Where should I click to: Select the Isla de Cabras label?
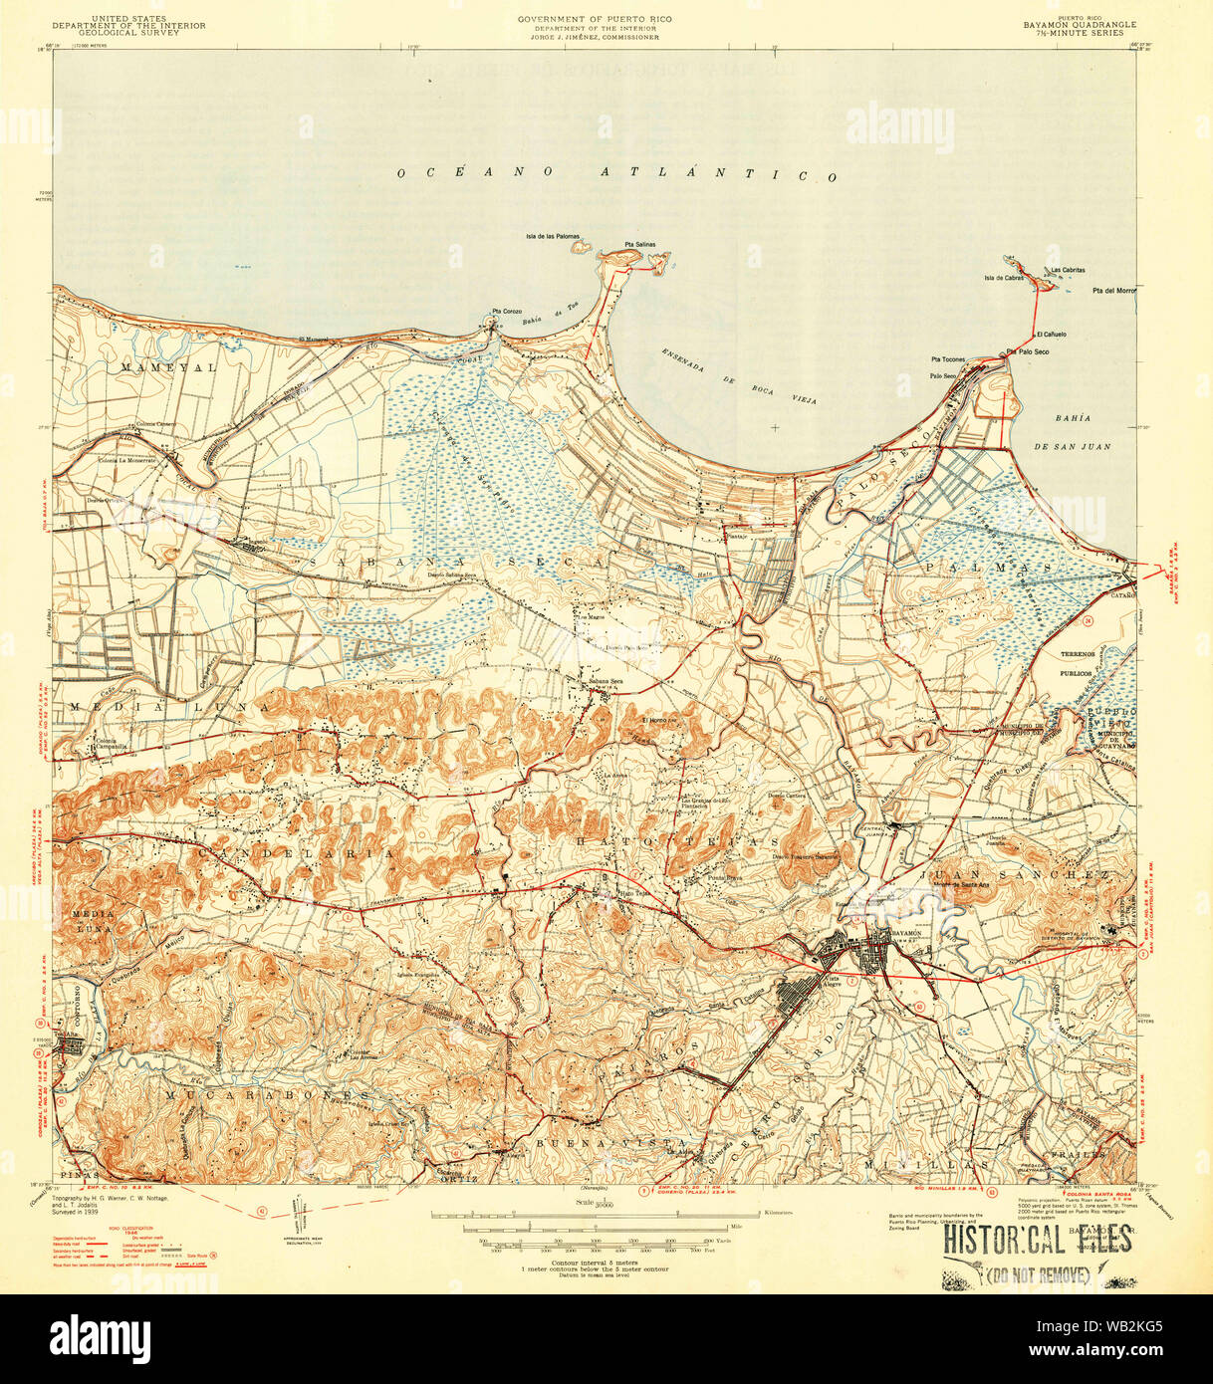click(x=1004, y=278)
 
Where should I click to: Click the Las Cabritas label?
click(x=1068, y=270)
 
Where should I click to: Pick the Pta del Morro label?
click(x=1113, y=291)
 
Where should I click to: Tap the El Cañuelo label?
click(x=1051, y=335)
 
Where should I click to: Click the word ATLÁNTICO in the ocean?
click(x=718, y=174)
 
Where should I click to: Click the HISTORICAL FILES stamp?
click(x=1037, y=1240)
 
